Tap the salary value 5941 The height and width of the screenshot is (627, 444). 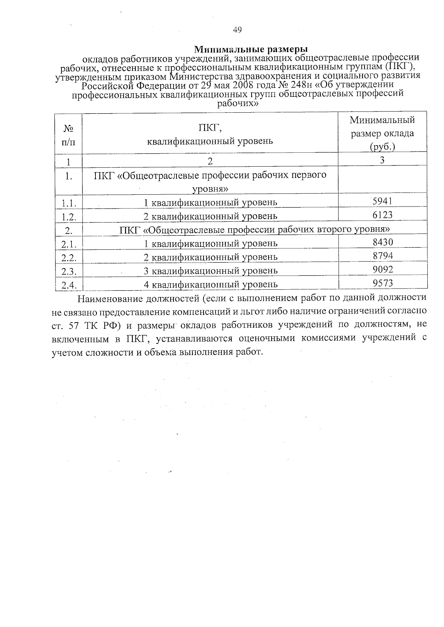(x=383, y=201)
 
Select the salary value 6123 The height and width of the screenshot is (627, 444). (x=383, y=215)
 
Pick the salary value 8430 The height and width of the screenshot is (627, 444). (x=383, y=242)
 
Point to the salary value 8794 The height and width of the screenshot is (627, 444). (x=383, y=256)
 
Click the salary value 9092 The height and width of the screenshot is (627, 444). (x=383, y=269)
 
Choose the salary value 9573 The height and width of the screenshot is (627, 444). (x=383, y=283)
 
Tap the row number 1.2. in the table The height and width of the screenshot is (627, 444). (x=69, y=217)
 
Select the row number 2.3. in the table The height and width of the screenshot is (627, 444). (x=69, y=272)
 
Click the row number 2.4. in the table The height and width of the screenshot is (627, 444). (x=69, y=285)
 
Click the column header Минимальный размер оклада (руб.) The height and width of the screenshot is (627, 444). (x=382, y=133)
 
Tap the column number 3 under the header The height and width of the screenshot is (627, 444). (x=382, y=160)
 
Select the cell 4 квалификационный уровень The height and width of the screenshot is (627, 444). (x=210, y=284)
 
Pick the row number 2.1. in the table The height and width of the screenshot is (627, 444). (x=69, y=244)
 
